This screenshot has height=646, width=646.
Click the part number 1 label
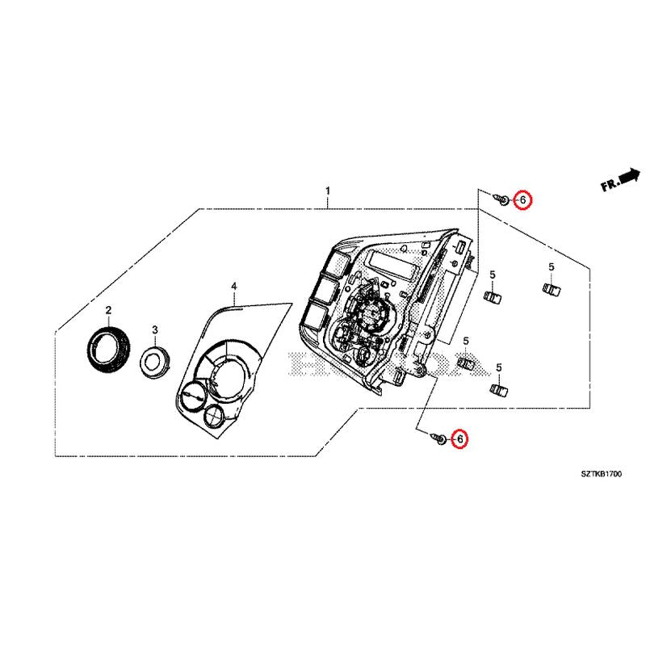tap(328, 191)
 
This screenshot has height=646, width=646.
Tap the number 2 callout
tap(108, 311)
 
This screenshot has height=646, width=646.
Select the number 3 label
tap(154, 330)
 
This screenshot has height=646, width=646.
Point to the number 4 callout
tap(234, 287)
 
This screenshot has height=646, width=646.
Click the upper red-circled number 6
tap(523, 199)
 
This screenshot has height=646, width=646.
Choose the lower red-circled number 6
tap(460, 438)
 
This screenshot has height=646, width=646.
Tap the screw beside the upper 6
tap(502, 199)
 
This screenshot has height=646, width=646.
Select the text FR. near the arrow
tap(610, 186)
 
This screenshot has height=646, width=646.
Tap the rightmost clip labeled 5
tap(551, 288)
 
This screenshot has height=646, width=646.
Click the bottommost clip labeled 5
tap(498, 390)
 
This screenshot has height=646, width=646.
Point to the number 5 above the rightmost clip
tap(551, 267)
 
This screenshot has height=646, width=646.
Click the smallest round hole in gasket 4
tap(216, 415)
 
